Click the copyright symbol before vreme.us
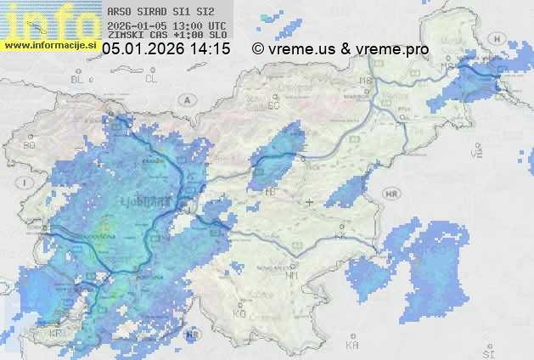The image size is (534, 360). click(258, 50)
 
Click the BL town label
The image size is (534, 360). click(79, 79)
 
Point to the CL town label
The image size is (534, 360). click(151, 78)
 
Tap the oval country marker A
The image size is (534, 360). click(186, 99)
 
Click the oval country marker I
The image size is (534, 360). click(27, 183)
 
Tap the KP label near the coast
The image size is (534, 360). click(56, 334)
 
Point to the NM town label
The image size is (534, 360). click(293, 276)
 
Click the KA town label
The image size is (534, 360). click(351, 346)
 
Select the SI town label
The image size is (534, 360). click(487, 351)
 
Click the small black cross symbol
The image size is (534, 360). click(309, 202)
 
